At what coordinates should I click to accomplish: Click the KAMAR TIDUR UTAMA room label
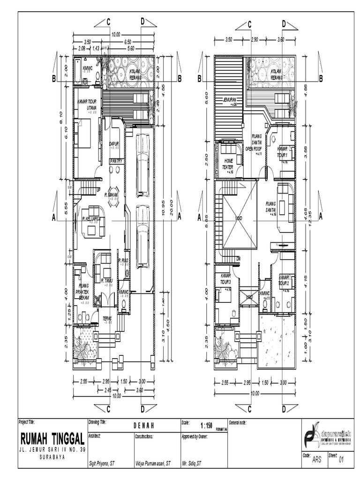88,105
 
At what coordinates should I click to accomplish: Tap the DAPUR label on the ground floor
113,144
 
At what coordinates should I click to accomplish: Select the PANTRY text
116,161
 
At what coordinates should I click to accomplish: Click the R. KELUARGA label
92,218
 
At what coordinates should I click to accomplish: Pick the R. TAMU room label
107,281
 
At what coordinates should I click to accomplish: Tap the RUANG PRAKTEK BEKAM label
83,291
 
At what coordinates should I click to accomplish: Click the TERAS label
107,318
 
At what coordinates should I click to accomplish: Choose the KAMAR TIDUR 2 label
285,281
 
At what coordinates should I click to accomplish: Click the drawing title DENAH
143,425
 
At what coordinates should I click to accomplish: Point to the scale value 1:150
206,426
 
